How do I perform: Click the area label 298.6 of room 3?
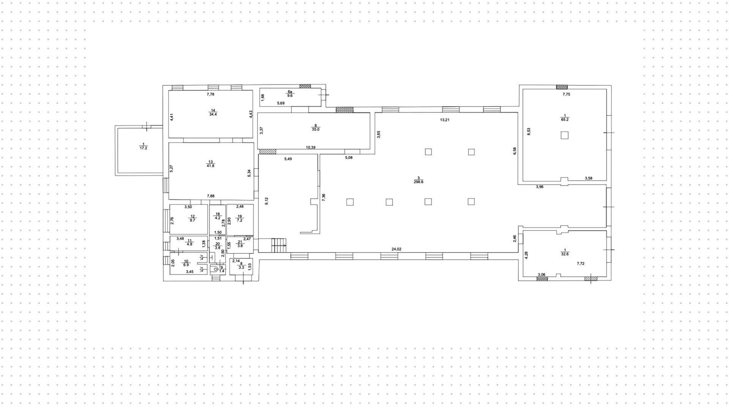418,182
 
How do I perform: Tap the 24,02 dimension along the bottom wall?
396,249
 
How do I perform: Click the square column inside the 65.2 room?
565,135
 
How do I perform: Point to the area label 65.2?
565,120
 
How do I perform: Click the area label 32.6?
565,254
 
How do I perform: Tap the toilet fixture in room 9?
215,270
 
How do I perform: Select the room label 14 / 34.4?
213,112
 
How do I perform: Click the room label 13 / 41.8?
210,164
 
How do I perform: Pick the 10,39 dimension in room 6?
311,147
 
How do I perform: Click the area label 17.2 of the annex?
143,148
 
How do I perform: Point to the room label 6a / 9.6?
290,94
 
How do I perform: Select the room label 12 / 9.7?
192,218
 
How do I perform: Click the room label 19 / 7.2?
240,218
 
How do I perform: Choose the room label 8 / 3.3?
241,265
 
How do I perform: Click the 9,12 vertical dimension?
267,201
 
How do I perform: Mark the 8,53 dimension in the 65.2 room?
529,131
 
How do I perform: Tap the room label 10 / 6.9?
186,263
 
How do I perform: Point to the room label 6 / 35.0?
316,127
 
